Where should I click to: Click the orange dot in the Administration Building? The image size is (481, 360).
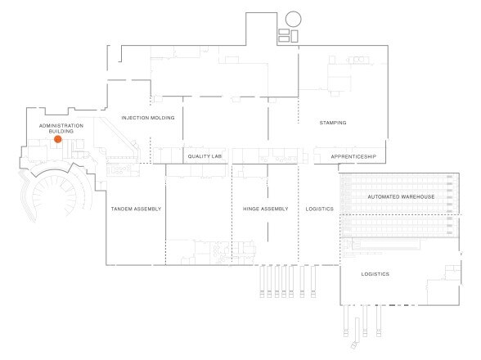(57, 139)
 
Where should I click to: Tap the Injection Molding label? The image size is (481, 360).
(148, 118)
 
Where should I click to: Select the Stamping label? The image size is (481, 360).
(333, 123)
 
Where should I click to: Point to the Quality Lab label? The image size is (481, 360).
(205, 156)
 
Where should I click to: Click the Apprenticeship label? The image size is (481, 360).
(353, 156)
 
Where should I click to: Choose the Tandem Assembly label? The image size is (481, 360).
(136, 209)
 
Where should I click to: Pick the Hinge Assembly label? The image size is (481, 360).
(265, 209)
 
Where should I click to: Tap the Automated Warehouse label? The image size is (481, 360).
(401, 196)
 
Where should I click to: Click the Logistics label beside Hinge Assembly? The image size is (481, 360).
(319, 209)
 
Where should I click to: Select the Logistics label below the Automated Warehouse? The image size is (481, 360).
(375, 274)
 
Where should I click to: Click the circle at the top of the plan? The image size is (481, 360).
(293, 19)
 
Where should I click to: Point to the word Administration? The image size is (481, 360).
(61, 126)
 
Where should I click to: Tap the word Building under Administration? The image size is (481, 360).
(61, 132)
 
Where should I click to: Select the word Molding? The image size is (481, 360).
(163, 118)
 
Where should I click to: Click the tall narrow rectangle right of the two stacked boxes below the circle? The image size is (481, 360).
(294, 36)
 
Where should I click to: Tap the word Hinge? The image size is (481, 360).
(251, 209)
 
